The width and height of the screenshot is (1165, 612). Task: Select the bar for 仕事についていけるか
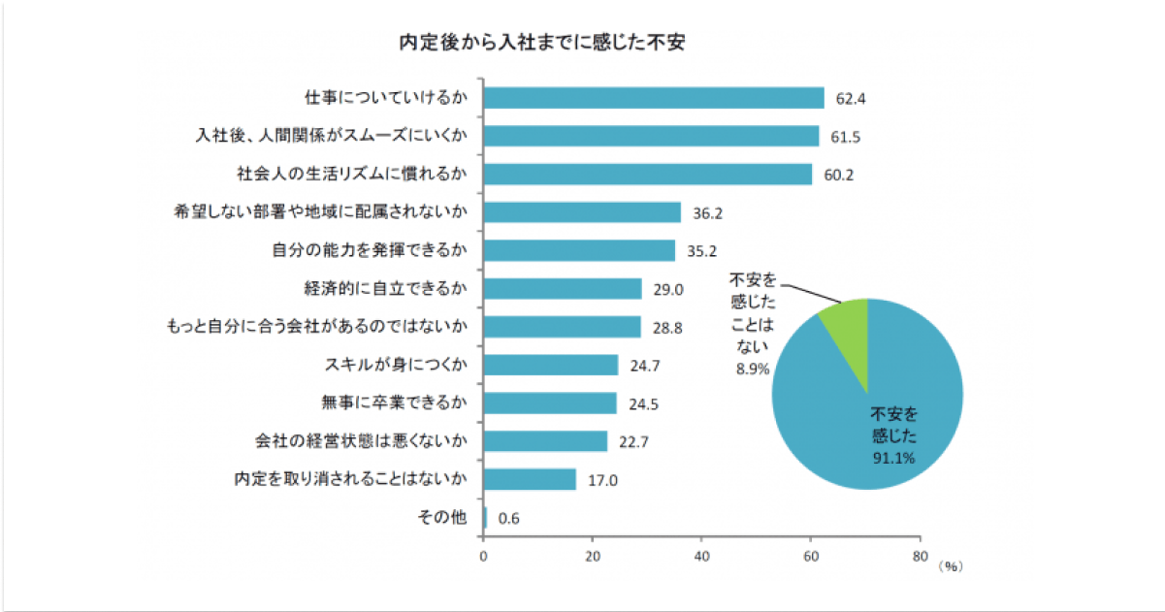coord(653,98)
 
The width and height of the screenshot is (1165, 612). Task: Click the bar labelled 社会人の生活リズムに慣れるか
coord(647,175)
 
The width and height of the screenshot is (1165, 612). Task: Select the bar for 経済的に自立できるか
coord(562,289)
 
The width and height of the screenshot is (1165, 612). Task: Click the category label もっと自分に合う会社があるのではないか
coord(318,327)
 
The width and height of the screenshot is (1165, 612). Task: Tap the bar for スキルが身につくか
coord(550,365)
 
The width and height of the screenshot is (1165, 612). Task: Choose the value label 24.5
coord(644,403)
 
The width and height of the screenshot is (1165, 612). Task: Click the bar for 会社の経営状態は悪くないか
coord(544,441)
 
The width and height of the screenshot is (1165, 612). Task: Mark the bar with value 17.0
coord(529,479)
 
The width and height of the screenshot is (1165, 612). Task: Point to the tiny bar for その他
coord(485,518)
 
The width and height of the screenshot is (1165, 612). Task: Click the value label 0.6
coord(508,519)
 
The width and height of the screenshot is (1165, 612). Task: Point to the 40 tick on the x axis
coord(701,558)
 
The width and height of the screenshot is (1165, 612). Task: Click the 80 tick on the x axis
coord(920,558)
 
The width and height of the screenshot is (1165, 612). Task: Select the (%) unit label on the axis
coord(951,564)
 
